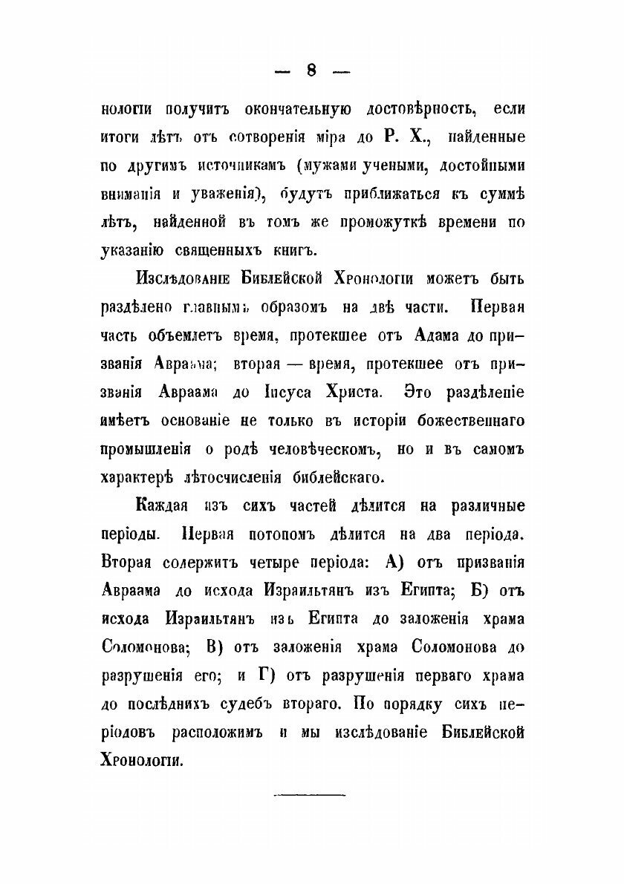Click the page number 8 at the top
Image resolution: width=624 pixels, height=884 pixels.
[x=311, y=71]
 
